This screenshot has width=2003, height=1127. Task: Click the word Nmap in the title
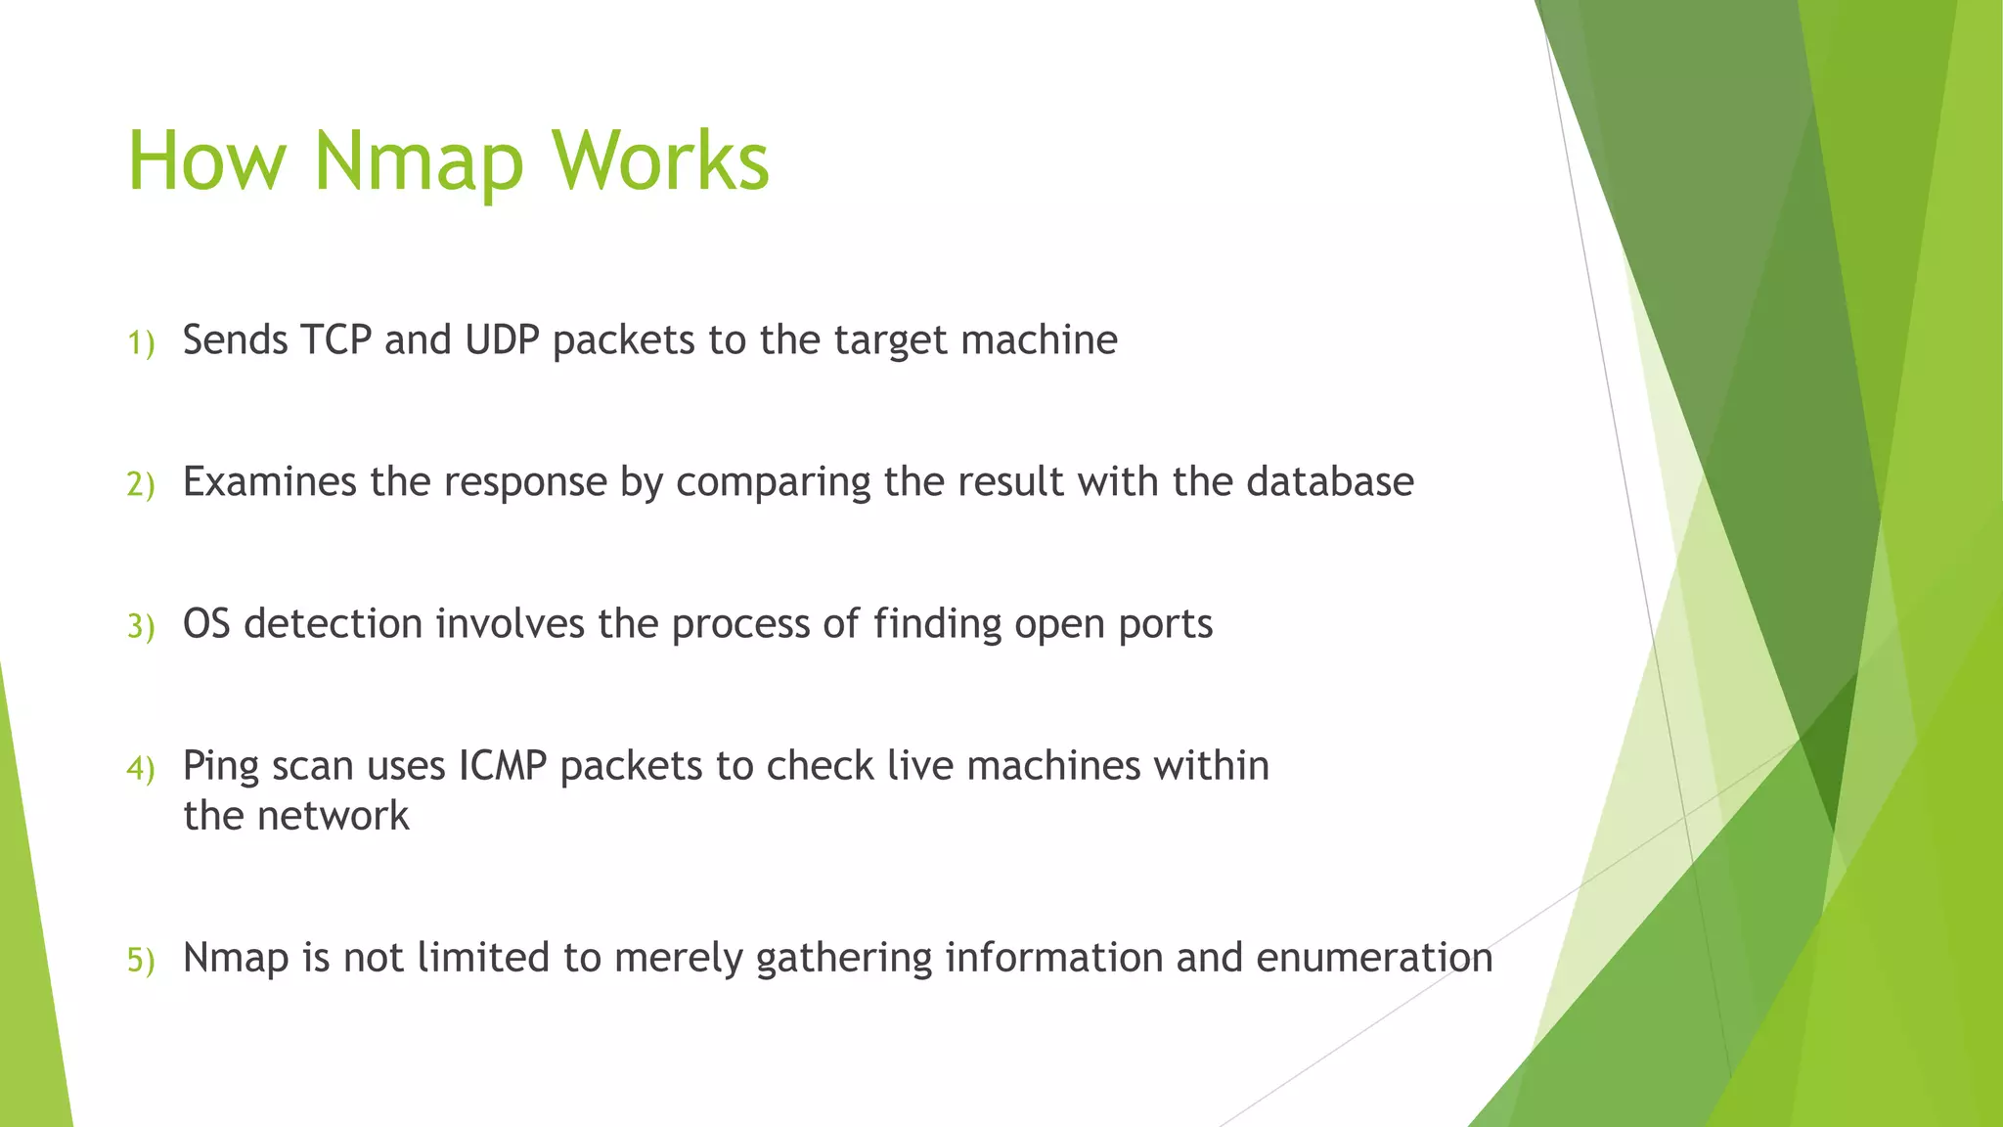pyautogui.click(x=419, y=161)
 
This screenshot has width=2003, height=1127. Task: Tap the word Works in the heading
pyautogui.click(x=661, y=161)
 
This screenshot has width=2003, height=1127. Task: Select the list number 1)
pyautogui.click(x=141, y=343)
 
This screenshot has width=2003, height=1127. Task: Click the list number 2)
pyautogui.click(x=141, y=485)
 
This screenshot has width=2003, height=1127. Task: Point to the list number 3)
pyautogui.click(x=141, y=627)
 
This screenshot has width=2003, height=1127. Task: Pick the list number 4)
pyautogui.click(x=141, y=769)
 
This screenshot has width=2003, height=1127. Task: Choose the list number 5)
pyautogui.click(x=141, y=961)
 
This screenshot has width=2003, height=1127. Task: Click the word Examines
pyautogui.click(x=269, y=482)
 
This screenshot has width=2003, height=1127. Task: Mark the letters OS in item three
pyautogui.click(x=206, y=624)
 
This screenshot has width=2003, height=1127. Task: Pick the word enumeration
pyautogui.click(x=1374, y=958)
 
